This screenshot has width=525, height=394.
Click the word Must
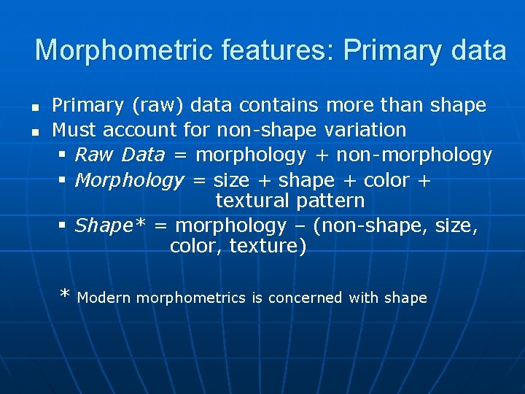pos(74,130)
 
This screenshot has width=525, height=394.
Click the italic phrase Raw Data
pos(120,155)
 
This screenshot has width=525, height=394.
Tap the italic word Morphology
pos(129,179)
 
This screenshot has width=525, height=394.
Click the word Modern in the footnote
pos(104,298)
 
